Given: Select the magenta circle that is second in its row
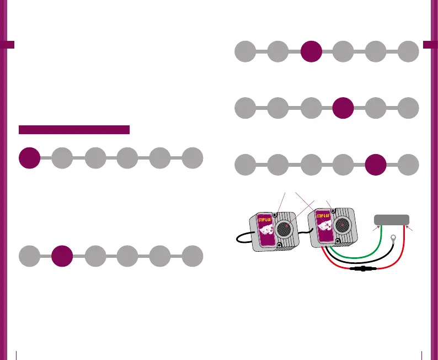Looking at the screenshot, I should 62,257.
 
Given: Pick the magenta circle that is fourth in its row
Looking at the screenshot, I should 344,107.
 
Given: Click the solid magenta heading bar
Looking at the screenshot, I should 74,130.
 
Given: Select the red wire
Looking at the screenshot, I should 403,260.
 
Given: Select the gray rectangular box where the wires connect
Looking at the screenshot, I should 392,219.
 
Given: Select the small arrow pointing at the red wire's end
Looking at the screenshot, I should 408,227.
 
